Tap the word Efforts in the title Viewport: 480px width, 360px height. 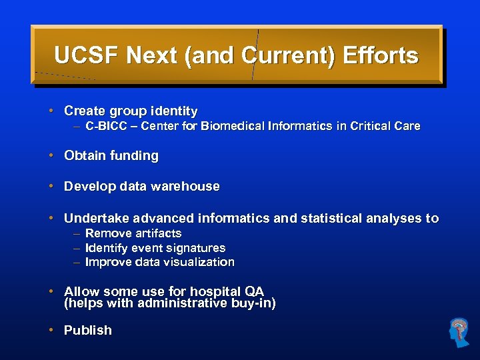pos(380,55)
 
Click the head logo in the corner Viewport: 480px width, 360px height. pos(459,332)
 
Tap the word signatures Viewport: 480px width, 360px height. pos(195,248)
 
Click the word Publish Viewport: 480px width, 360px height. pos(87,330)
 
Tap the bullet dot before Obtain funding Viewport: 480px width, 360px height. pos(51,156)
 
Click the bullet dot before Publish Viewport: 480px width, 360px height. pos(51,330)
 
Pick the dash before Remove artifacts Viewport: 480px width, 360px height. pos(77,233)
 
